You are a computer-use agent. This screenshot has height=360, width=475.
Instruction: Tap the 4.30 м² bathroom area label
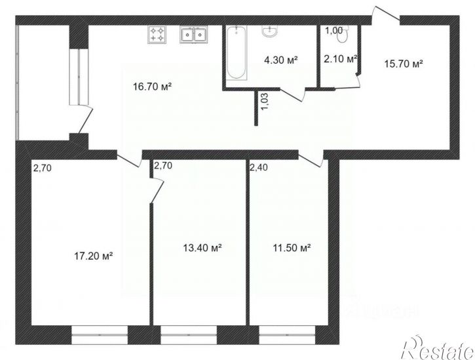coord(280,60)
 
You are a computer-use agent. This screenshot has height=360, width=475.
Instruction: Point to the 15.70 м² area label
coord(402,64)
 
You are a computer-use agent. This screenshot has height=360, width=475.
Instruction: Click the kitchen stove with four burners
coord(157,34)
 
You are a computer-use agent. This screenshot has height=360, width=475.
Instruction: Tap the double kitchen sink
coord(195,34)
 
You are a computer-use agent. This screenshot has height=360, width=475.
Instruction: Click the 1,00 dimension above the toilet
coord(333,30)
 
